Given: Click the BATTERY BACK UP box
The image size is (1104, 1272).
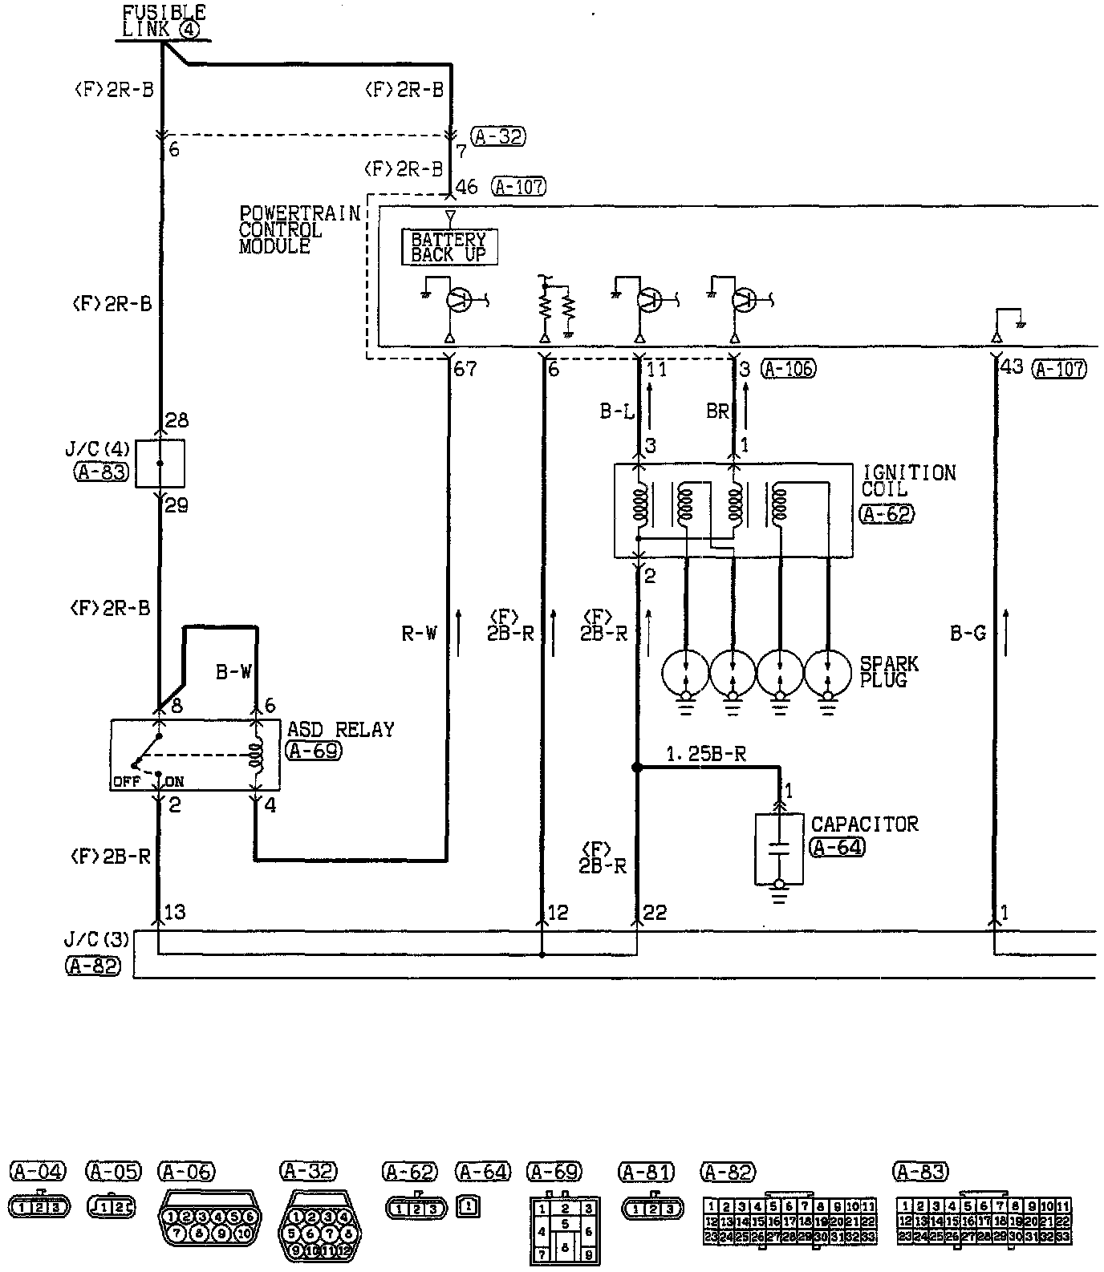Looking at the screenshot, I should click(448, 247).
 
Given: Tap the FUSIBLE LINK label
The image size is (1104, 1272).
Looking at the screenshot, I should click(164, 21).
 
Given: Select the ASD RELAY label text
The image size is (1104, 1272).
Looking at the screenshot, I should click(341, 730).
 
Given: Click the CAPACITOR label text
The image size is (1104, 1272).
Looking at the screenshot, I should click(864, 824).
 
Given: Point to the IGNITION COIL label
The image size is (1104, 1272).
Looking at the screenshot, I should click(908, 480).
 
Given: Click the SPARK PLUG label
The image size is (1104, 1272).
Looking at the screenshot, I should click(889, 672).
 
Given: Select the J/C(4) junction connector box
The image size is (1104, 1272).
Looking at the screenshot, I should click(160, 463).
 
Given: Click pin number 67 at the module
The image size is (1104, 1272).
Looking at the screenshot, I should click(465, 370).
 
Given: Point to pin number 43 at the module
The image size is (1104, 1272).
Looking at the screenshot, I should click(1013, 367).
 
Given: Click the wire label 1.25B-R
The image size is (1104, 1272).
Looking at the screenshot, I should click(706, 754).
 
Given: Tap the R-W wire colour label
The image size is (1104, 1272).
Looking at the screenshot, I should click(419, 634).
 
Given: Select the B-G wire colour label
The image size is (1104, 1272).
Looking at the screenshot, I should click(968, 634).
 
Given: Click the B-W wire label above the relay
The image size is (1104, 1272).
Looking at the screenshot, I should click(233, 672).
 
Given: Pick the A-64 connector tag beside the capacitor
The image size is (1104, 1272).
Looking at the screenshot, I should click(838, 847).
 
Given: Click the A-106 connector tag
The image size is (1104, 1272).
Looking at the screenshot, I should click(788, 369).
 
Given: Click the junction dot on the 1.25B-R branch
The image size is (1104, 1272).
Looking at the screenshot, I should click(637, 768).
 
